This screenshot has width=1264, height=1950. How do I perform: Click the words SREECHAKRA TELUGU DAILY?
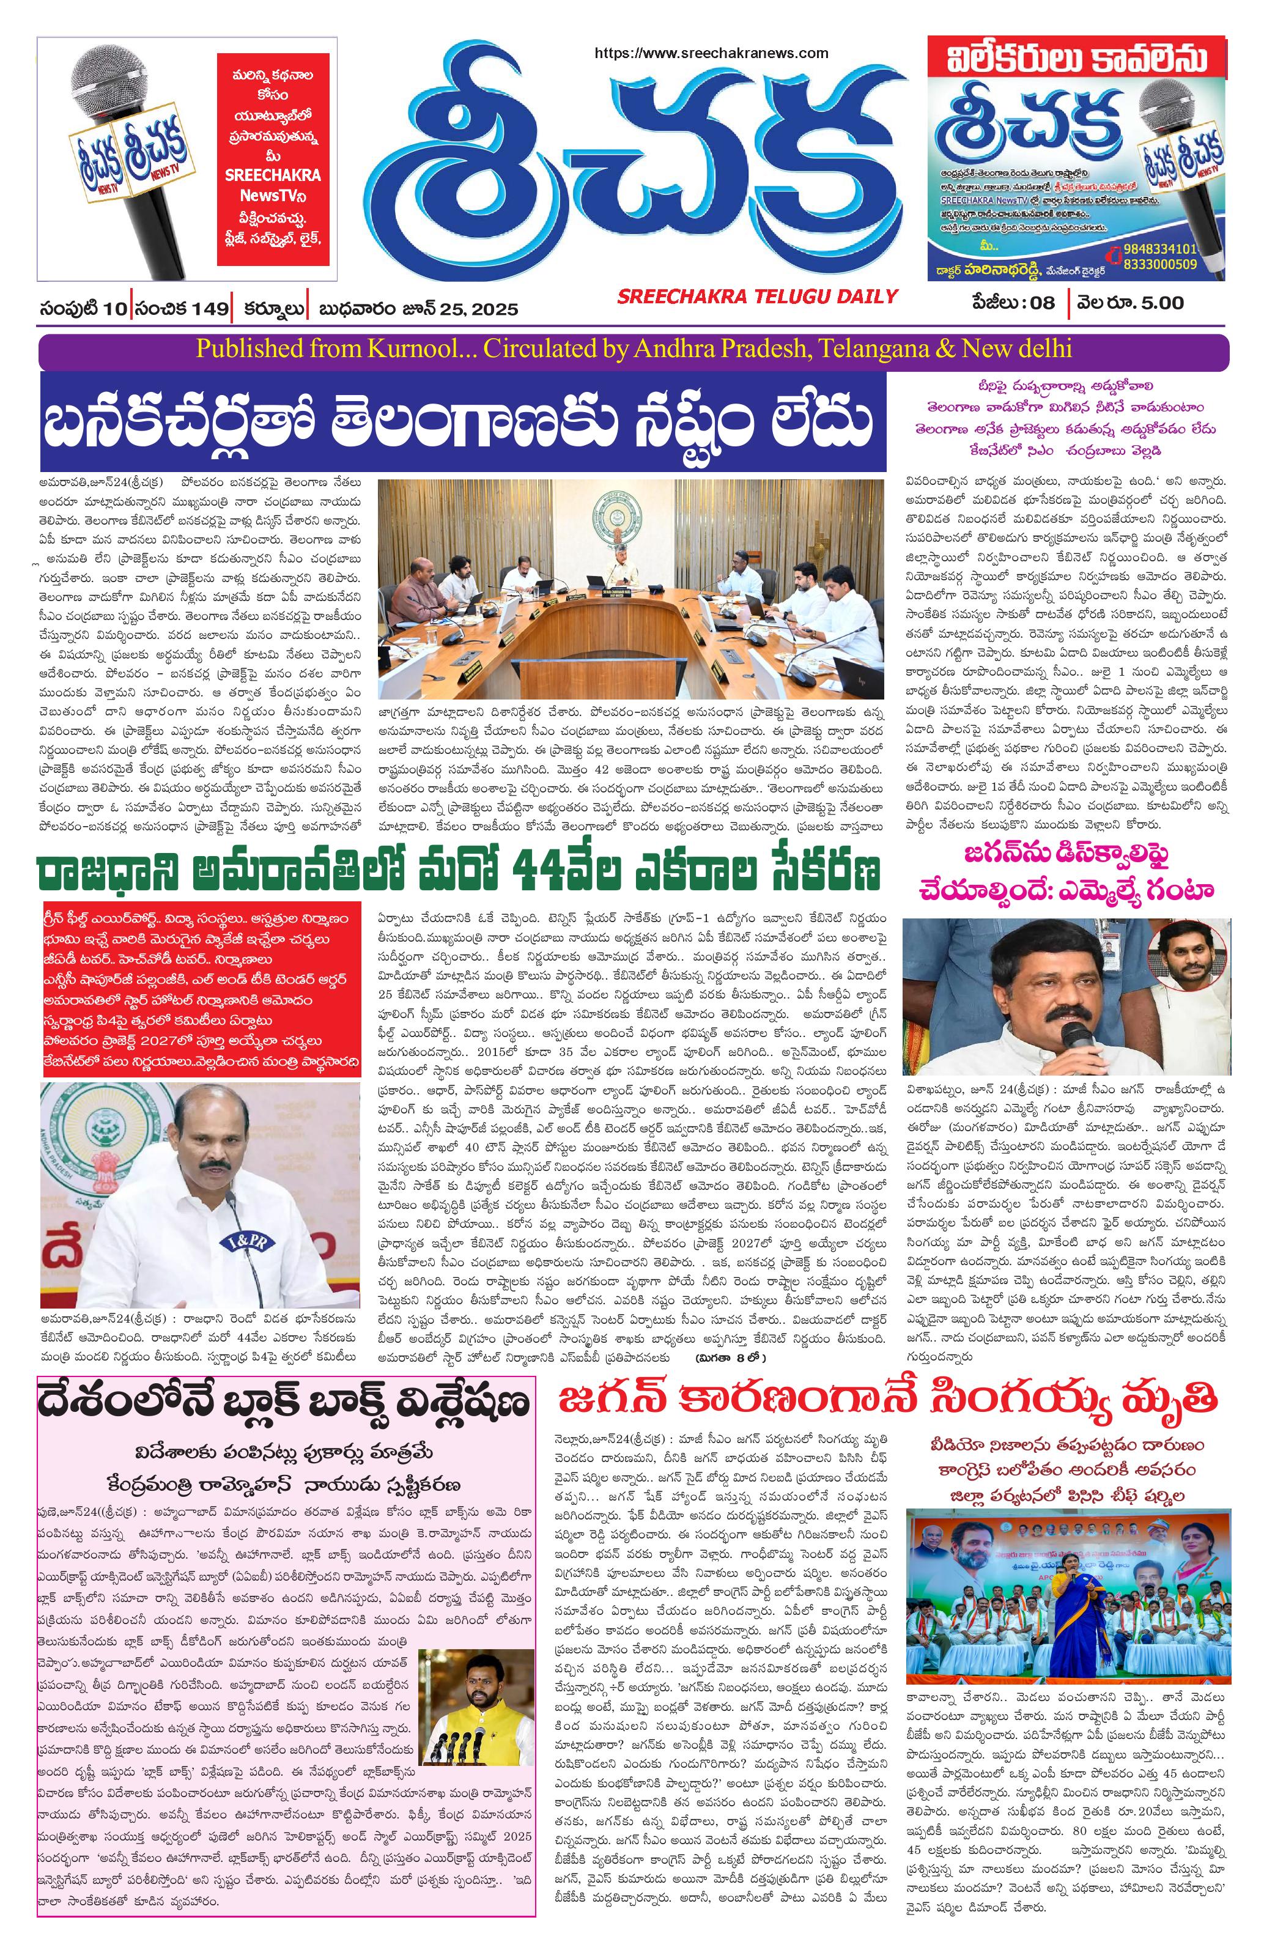pos(758,296)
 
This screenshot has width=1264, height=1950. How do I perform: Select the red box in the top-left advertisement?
pos(268,159)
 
